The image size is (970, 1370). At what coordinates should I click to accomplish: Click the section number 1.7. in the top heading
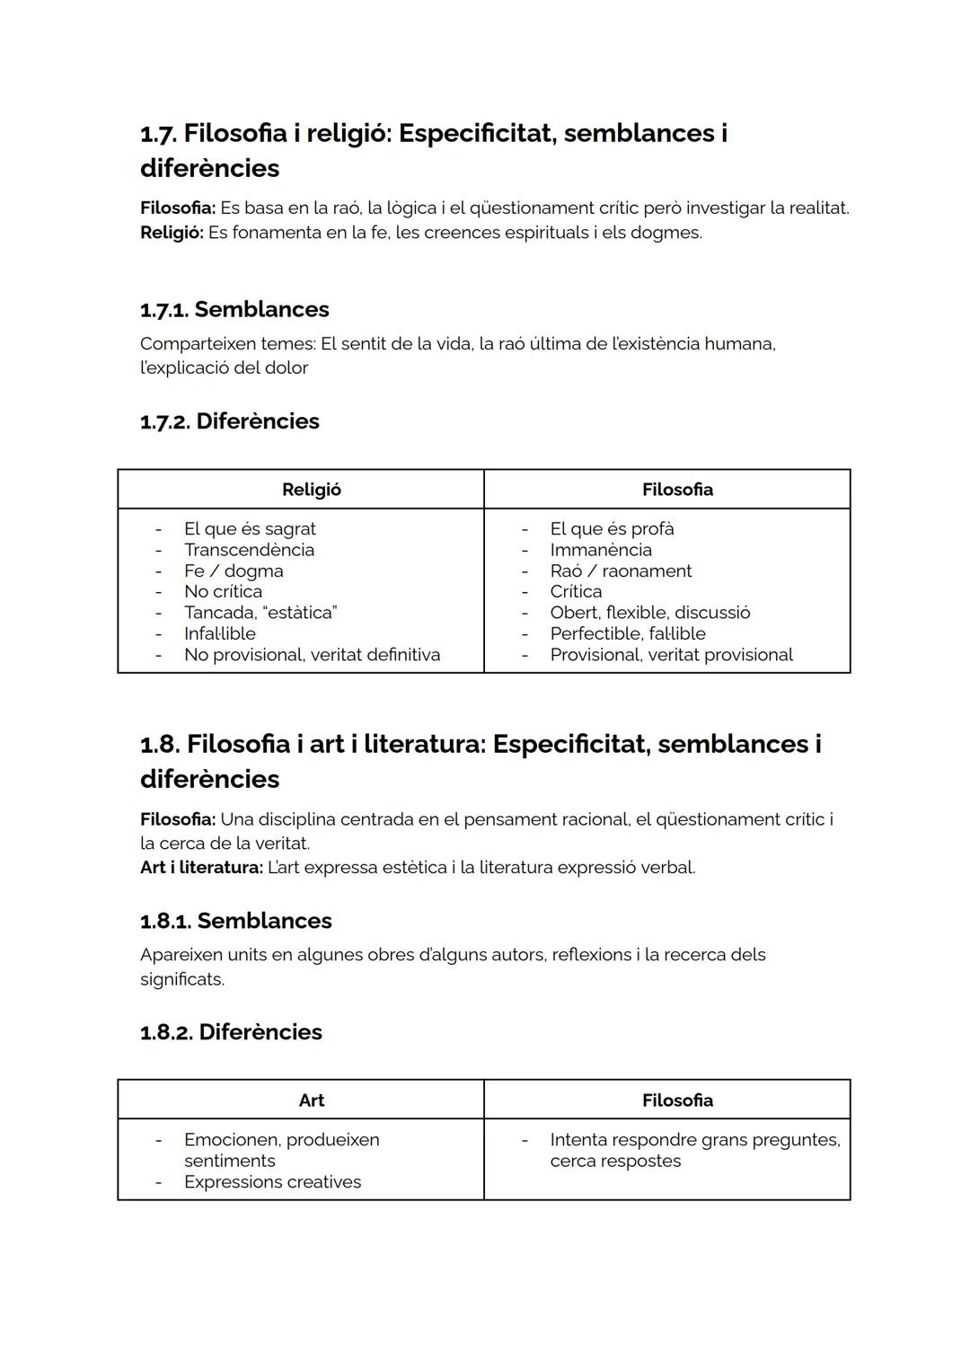click(158, 134)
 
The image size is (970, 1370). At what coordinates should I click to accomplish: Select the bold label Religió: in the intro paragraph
click(172, 233)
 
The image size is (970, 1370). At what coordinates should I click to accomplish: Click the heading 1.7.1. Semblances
click(234, 309)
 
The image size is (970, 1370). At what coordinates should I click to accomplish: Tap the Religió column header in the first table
click(311, 490)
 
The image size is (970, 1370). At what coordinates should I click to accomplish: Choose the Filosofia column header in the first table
click(677, 490)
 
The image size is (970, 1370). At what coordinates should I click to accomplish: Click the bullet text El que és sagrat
click(250, 529)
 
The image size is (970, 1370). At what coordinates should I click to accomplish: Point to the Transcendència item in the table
click(249, 550)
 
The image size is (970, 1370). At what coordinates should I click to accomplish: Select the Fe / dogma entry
click(234, 570)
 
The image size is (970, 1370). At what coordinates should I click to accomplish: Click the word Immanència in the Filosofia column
click(601, 550)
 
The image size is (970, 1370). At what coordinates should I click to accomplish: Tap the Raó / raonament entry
click(621, 570)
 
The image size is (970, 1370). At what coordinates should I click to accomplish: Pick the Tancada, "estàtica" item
click(260, 613)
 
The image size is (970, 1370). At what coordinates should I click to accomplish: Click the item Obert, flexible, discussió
click(650, 613)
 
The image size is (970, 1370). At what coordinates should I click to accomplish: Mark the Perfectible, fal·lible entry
click(628, 633)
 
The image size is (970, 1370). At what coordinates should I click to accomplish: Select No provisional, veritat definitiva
click(312, 655)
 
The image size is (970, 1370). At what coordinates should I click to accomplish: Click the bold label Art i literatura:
click(201, 868)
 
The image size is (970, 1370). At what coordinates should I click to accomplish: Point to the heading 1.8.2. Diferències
click(231, 1031)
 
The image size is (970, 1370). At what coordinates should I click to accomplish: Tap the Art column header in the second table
click(311, 1100)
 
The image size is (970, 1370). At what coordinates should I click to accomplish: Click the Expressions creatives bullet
click(272, 1182)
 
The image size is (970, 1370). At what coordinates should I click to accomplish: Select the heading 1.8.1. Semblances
click(235, 921)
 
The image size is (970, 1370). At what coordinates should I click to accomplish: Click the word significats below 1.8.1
click(181, 979)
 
